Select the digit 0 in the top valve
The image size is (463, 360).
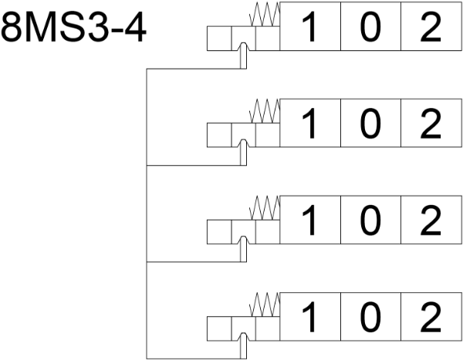(x=371, y=29)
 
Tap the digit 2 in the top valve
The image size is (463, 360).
(x=431, y=29)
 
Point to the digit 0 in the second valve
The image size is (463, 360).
(x=371, y=125)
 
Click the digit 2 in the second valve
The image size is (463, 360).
(x=431, y=125)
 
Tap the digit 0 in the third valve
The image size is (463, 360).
(x=371, y=222)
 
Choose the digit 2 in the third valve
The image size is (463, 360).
(x=431, y=222)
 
